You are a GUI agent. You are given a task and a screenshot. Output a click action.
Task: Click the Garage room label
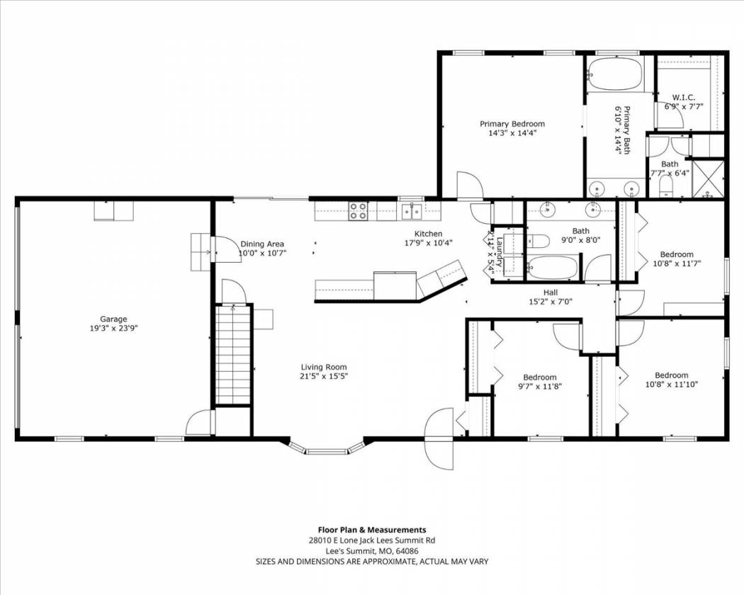tap(113, 319)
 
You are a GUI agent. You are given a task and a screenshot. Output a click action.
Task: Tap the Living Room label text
tap(324, 367)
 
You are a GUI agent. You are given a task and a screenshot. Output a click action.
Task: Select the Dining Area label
tap(262, 244)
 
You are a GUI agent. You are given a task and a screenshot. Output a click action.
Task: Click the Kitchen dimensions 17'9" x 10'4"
tap(429, 242)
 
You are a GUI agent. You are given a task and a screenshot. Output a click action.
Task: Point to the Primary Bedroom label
tap(512, 124)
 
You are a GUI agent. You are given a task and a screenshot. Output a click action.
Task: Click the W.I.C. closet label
tap(684, 97)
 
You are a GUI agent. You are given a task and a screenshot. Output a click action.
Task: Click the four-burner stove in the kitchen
tap(359, 211)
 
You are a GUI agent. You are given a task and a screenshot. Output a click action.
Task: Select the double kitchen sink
tap(412, 210)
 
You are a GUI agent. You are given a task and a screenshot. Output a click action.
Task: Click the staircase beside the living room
tap(232, 355)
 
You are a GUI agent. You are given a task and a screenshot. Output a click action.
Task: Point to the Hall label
tap(551, 293)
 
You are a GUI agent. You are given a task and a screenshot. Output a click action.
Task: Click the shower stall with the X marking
tap(708, 179)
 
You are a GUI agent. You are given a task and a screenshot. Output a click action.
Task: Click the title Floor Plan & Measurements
tap(371, 530)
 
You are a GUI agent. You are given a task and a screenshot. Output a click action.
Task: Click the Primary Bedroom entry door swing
tap(469, 185)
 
